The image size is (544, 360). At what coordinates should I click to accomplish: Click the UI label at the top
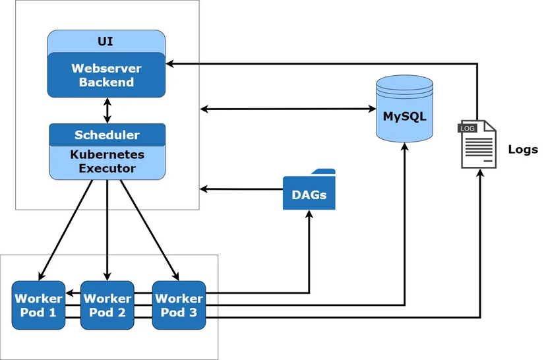pos(106,42)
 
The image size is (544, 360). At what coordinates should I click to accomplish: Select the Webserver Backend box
pos(106,75)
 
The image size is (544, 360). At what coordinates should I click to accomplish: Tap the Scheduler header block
pos(107,135)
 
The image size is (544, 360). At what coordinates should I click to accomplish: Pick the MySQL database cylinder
pos(404,109)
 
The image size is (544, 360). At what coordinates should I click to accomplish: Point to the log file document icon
pos(478,145)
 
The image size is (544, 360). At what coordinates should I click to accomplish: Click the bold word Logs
pos(523,150)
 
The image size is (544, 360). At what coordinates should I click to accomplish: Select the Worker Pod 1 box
pos(38,305)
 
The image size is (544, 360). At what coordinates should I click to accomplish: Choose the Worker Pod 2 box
pos(107,305)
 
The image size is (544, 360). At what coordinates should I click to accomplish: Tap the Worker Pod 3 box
pos(179,305)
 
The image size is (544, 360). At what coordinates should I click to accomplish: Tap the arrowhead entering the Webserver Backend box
pos(169,64)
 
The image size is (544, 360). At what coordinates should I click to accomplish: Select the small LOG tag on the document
pos(467,128)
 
